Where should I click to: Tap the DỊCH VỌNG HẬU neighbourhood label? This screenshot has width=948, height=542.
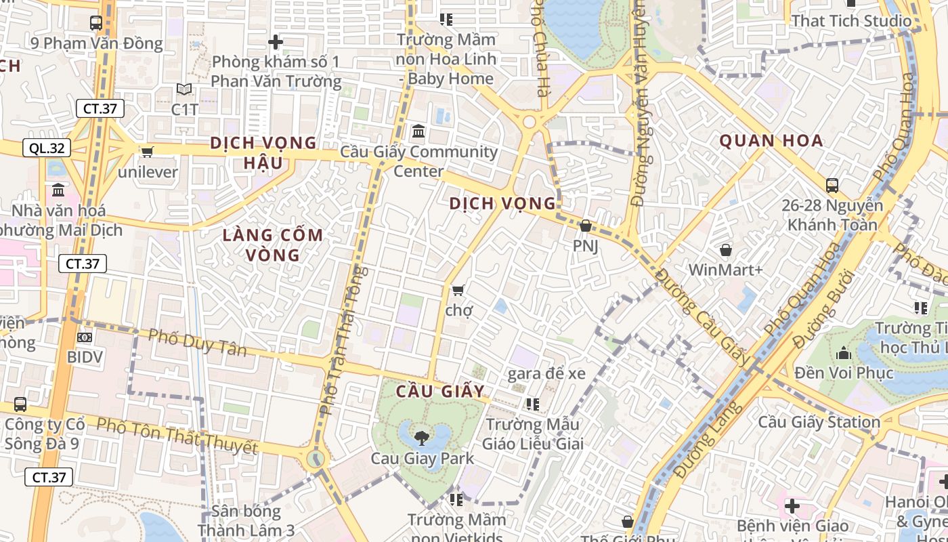[263, 152]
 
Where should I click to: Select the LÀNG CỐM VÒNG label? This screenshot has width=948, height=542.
[274, 245]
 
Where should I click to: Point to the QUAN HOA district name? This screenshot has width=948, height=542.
[771, 141]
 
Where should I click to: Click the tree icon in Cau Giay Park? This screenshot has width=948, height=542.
[421, 437]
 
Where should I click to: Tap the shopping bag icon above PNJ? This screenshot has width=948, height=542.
[586, 226]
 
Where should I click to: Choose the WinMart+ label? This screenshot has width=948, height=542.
[725, 270]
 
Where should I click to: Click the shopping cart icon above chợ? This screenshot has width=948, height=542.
[458, 291]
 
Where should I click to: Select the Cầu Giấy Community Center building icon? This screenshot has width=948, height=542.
[418, 131]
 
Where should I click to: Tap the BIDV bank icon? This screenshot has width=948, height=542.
[85, 337]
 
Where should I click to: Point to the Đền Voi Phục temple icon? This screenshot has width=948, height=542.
[844, 353]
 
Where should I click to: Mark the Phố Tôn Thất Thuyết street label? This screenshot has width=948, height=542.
[177, 436]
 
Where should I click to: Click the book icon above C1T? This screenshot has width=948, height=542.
[184, 89]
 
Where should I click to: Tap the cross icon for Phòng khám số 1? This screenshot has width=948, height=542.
[275, 42]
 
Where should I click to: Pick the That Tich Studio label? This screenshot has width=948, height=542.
[851, 21]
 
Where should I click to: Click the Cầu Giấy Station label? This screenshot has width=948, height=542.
[819, 422]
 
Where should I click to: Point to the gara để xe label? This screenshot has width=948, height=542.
[546, 373]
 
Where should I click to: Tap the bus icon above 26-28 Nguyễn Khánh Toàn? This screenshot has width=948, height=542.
[832, 185]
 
